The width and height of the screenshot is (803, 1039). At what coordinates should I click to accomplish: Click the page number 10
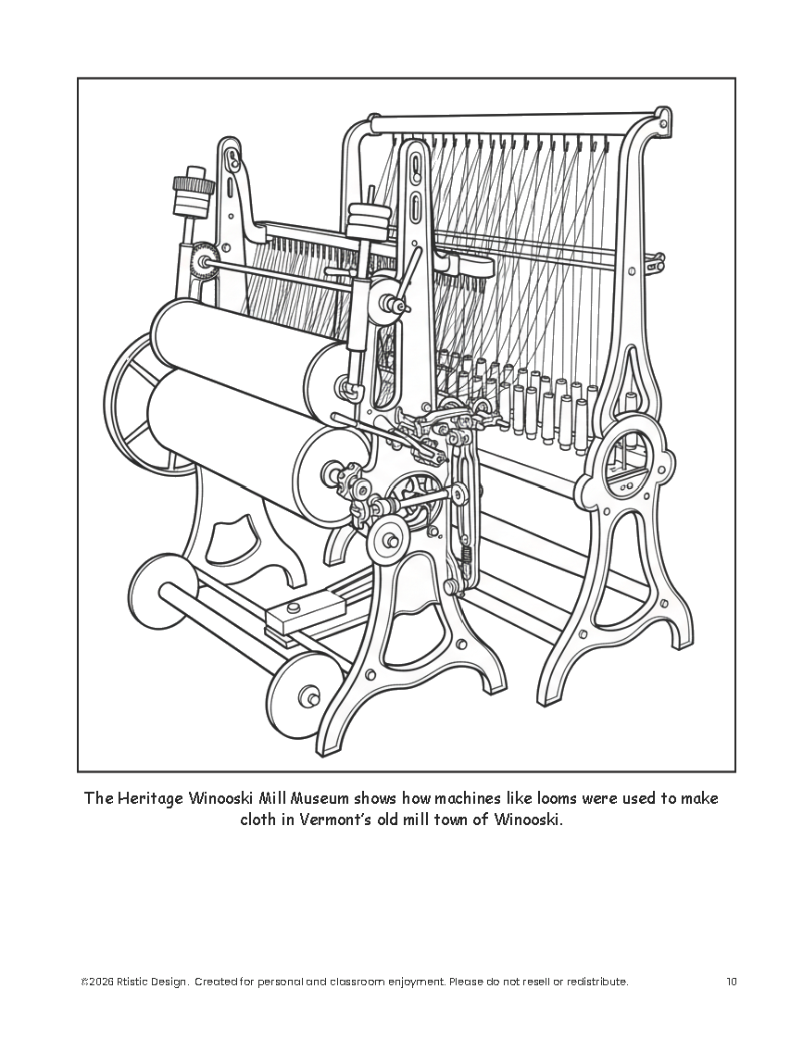coord(732,982)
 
